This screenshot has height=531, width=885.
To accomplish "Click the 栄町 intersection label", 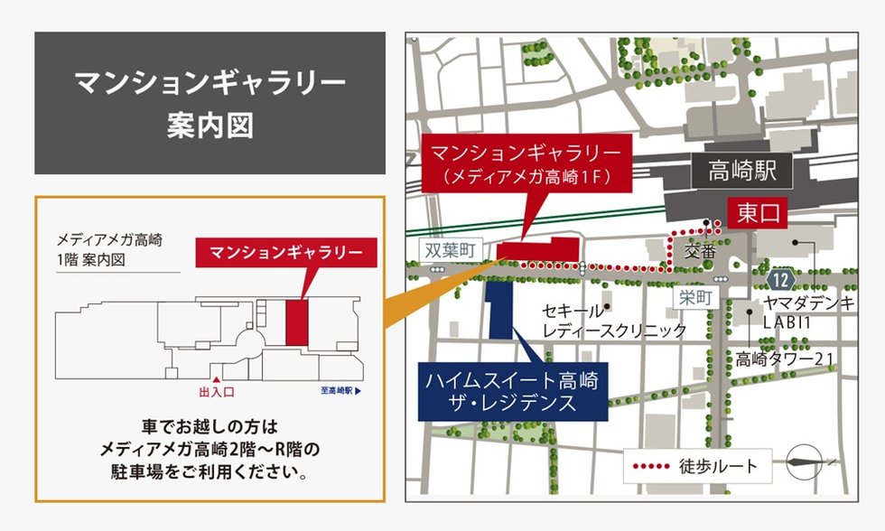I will [696, 297].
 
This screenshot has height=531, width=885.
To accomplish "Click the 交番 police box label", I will [700, 247].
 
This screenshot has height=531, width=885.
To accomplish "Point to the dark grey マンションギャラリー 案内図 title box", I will [210, 103].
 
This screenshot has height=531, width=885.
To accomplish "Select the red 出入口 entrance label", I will [217, 392].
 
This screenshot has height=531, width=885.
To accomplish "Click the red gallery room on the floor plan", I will [297, 322].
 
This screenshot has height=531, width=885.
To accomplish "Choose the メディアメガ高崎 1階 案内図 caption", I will [109, 249].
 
